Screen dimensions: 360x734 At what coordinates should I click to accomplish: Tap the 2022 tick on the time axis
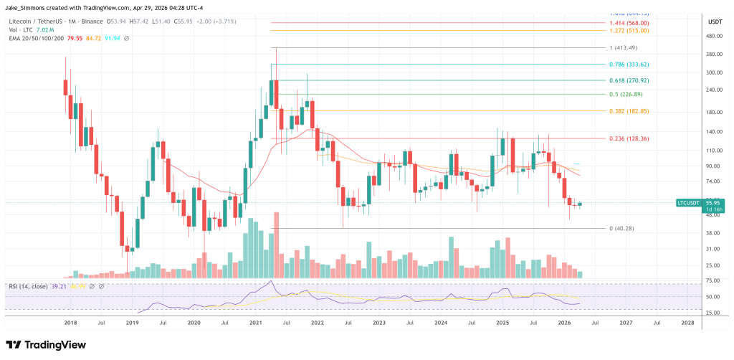pos(318,323)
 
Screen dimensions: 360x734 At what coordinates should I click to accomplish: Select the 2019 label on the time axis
pos(132,323)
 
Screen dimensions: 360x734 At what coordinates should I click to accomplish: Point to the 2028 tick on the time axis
pos(687,323)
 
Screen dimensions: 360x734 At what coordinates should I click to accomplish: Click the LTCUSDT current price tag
pos(689,203)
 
